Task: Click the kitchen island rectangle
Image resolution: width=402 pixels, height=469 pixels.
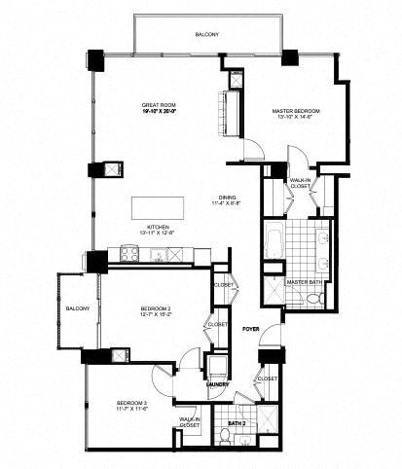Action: pos(157,207)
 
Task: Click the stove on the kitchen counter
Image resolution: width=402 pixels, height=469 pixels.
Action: pos(128,255)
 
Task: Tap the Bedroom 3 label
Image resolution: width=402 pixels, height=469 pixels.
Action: pos(131,402)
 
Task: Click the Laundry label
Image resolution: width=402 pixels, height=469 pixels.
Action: pos(217,383)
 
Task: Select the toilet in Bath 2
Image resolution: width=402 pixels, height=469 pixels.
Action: pos(225,436)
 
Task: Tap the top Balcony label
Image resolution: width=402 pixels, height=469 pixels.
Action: pos(206,35)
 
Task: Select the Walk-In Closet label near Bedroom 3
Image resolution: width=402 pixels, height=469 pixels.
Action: pos(189,421)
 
